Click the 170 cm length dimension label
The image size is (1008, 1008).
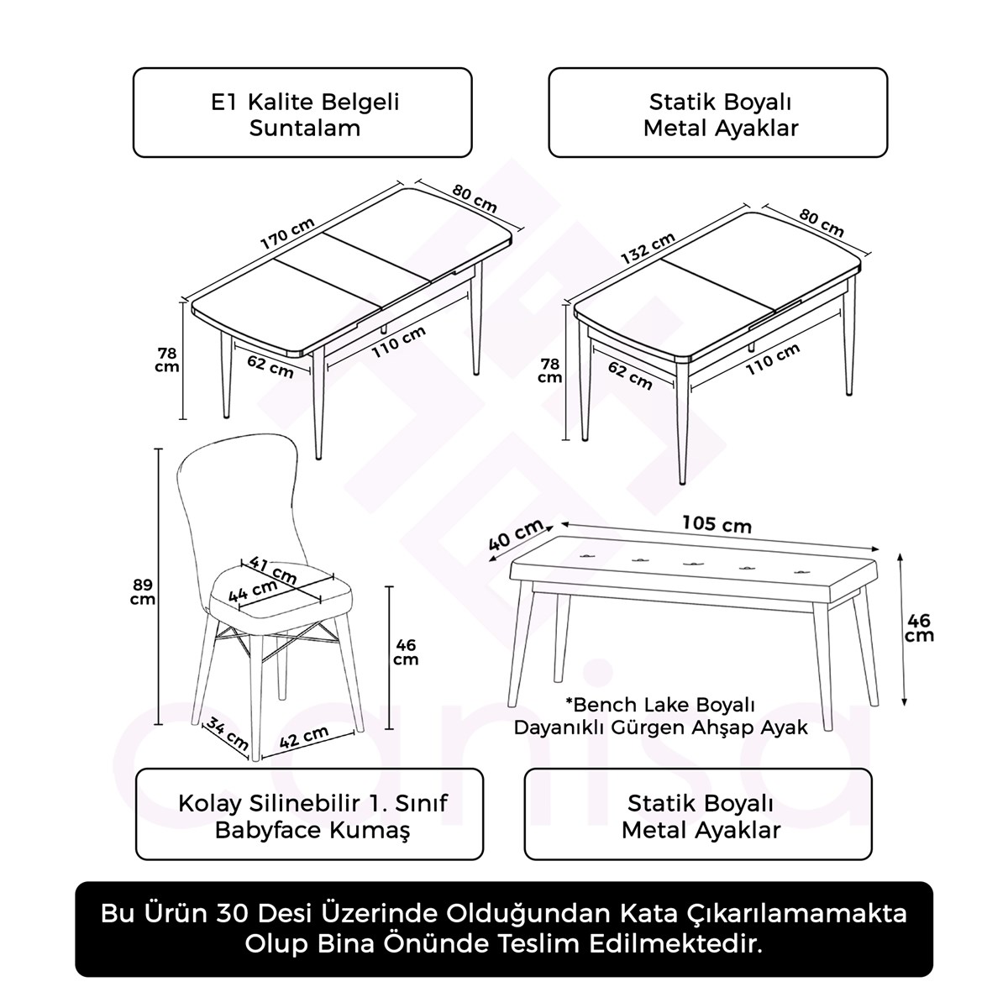tap(287, 234)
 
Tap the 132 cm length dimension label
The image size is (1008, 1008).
tap(648, 248)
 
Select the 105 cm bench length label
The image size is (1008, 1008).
tap(717, 523)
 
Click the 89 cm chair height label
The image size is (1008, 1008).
tap(142, 591)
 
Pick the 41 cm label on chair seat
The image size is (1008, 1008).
tap(272, 570)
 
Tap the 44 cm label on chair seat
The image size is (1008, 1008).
tap(253, 591)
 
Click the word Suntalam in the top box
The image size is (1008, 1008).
tap(304, 129)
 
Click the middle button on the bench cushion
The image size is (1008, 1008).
tap(693, 564)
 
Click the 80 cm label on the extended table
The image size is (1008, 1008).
tap(474, 199)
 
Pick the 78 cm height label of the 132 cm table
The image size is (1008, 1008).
tap(549, 371)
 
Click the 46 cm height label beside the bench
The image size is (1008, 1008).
tap(919, 627)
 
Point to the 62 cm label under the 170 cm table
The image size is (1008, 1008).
tap(270, 366)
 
